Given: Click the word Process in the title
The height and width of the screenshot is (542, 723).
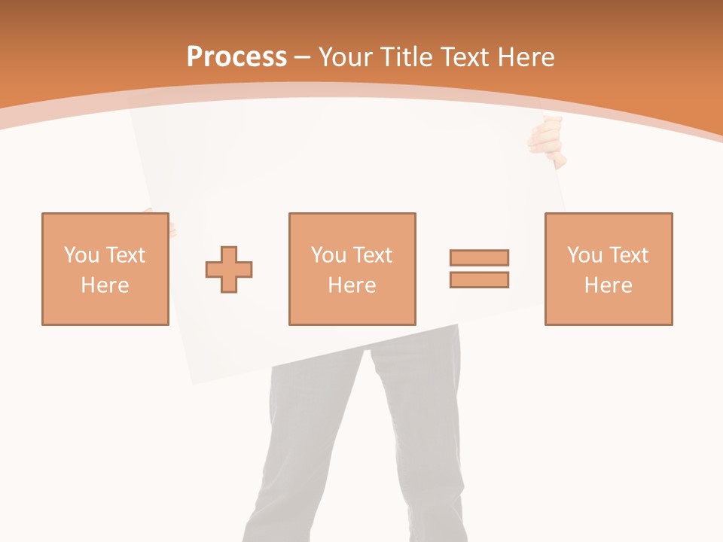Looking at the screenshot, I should pyautogui.click(x=236, y=57).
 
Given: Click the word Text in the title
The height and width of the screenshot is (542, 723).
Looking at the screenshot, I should pyautogui.click(x=464, y=57).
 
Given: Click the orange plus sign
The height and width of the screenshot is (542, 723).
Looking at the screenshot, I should pyautogui.click(x=229, y=269).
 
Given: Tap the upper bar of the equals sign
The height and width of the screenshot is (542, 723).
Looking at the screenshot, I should pyautogui.click(x=479, y=257).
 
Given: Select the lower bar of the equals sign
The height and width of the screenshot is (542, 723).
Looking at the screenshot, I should pyautogui.click(x=479, y=280).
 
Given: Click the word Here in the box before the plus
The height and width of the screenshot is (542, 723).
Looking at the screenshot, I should pyautogui.click(x=105, y=285).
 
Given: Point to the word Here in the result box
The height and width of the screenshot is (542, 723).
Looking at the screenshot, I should pyautogui.click(x=609, y=285).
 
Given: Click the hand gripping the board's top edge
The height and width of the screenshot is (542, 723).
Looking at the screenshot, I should pyautogui.click(x=548, y=139).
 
